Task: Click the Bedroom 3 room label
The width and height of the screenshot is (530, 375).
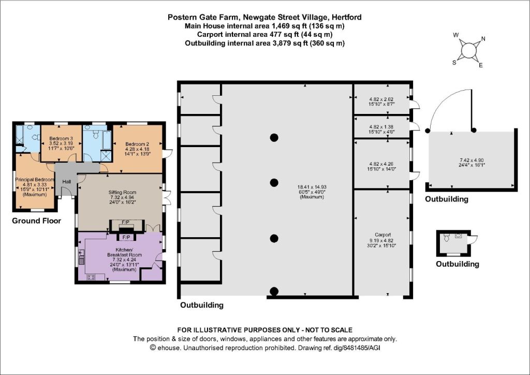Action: pyautogui.click(x=61, y=139)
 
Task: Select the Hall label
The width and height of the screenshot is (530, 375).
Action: pyautogui.click(x=67, y=182)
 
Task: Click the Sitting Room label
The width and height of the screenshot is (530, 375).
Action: pyautogui.click(x=122, y=192)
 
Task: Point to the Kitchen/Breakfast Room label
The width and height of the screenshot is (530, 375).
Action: pyautogui.click(x=124, y=252)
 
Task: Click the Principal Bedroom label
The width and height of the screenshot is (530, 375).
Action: pyautogui.click(x=35, y=180)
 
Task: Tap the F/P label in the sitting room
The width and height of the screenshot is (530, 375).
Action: pyautogui.click(x=125, y=222)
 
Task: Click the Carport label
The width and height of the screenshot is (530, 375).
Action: pyautogui.click(x=382, y=235)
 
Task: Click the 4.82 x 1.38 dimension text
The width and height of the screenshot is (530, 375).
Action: pyautogui.click(x=381, y=127)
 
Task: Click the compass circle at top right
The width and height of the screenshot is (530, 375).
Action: pyautogui.click(x=468, y=50)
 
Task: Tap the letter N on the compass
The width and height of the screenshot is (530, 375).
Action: pyautogui.click(x=483, y=38)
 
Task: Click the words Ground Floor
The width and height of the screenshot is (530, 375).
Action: pyautogui.click(x=37, y=221)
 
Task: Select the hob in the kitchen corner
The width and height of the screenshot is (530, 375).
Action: pyautogui.click(x=91, y=278)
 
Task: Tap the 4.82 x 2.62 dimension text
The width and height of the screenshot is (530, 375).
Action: pyautogui.click(x=381, y=99)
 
